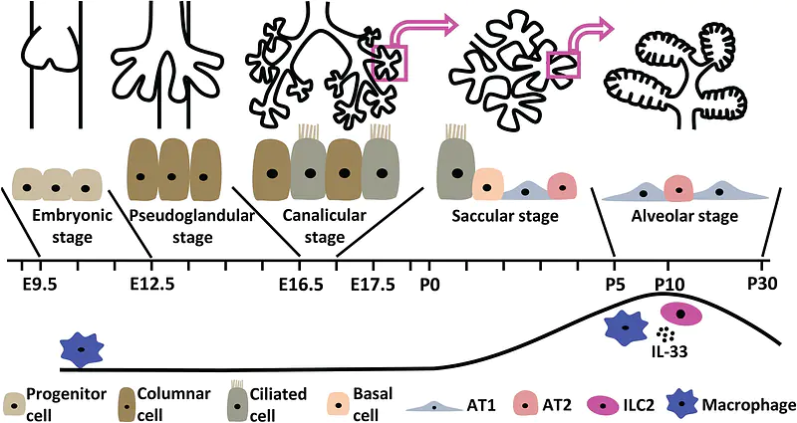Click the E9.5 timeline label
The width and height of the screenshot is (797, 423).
pos(39,285)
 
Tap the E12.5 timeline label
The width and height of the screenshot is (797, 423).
pos(152,285)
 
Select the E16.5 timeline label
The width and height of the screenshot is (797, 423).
pos(300,285)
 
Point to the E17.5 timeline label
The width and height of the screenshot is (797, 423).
pos(374,285)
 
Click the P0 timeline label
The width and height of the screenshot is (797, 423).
pos(429,285)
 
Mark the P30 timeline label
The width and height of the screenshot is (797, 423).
pos(763,285)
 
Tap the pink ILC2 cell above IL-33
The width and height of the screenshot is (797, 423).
pos(681,315)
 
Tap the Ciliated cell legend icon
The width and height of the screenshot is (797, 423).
pos(236,401)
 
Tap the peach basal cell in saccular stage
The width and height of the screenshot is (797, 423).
pos(487,183)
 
